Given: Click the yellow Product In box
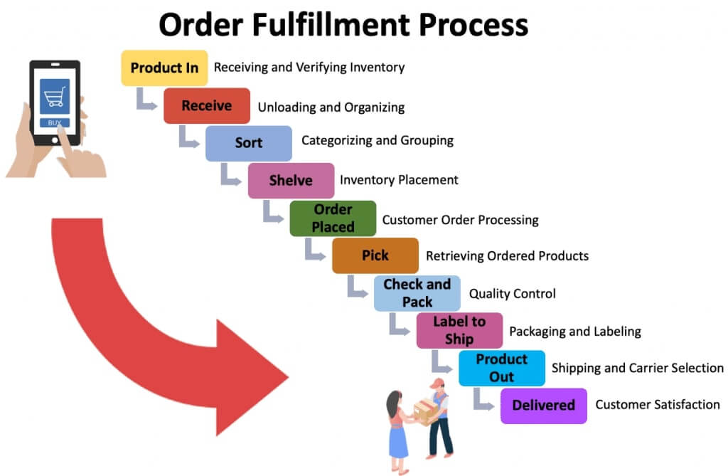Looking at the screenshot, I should pyautogui.click(x=164, y=68).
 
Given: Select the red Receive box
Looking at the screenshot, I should pyautogui.click(x=206, y=106).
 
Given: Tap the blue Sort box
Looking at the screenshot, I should pyautogui.click(x=249, y=143).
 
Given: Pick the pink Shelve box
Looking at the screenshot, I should pyautogui.click(x=291, y=181).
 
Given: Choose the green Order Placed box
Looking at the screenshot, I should pyautogui.click(x=333, y=218).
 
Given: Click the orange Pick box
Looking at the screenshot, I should pyautogui.click(x=375, y=255).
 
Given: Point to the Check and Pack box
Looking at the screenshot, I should pyautogui.click(x=417, y=293).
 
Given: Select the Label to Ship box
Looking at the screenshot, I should pyautogui.click(x=459, y=330).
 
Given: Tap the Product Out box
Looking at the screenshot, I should pyautogui.click(x=501, y=368).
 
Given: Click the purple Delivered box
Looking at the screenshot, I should pyautogui.click(x=544, y=406).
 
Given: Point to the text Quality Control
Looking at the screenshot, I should pyautogui.click(x=512, y=293).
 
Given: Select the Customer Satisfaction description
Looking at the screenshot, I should pyautogui.click(x=658, y=405).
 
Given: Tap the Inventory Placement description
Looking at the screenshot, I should pyautogui.click(x=399, y=180).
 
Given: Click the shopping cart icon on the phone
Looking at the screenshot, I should pyautogui.click(x=55, y=97).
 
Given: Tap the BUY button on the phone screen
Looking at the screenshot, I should pyautogui.click(x=55, y=122).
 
